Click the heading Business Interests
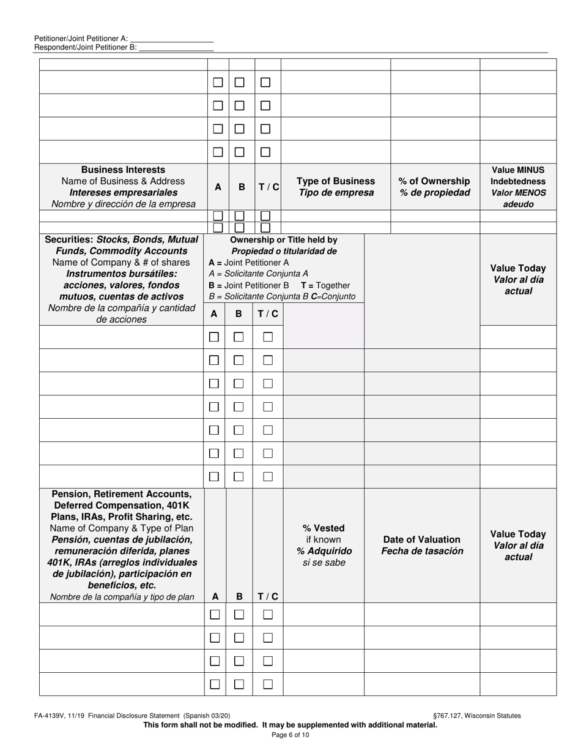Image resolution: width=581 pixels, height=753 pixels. tap(123, 170)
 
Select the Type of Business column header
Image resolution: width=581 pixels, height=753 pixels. tap(336, 181)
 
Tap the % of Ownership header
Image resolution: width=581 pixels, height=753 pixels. tap(434, 181)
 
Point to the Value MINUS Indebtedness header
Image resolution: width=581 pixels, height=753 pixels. tap(518, 175)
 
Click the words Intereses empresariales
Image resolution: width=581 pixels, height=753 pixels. tap(124, 192)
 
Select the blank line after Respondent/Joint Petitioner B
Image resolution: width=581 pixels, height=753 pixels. tap(176, 47)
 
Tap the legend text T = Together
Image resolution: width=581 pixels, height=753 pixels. tap(325, 285)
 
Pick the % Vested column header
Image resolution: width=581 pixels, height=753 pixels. tap(324, 528)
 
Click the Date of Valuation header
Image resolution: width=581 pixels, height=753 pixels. tap(421, 539)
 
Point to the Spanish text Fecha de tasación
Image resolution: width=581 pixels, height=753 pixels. tap(422, 551)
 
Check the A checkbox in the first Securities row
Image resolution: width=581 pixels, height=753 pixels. tap(214, 337)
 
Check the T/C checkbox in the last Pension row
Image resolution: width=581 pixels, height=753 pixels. tap(267, 684)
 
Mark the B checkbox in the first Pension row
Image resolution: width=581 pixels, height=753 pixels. tap(239, 615)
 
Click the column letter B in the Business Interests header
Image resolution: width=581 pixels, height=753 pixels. tap(242, 187)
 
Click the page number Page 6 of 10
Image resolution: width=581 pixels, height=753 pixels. tap(290, 735)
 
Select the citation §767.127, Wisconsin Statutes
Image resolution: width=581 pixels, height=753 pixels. tap(476, 716)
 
